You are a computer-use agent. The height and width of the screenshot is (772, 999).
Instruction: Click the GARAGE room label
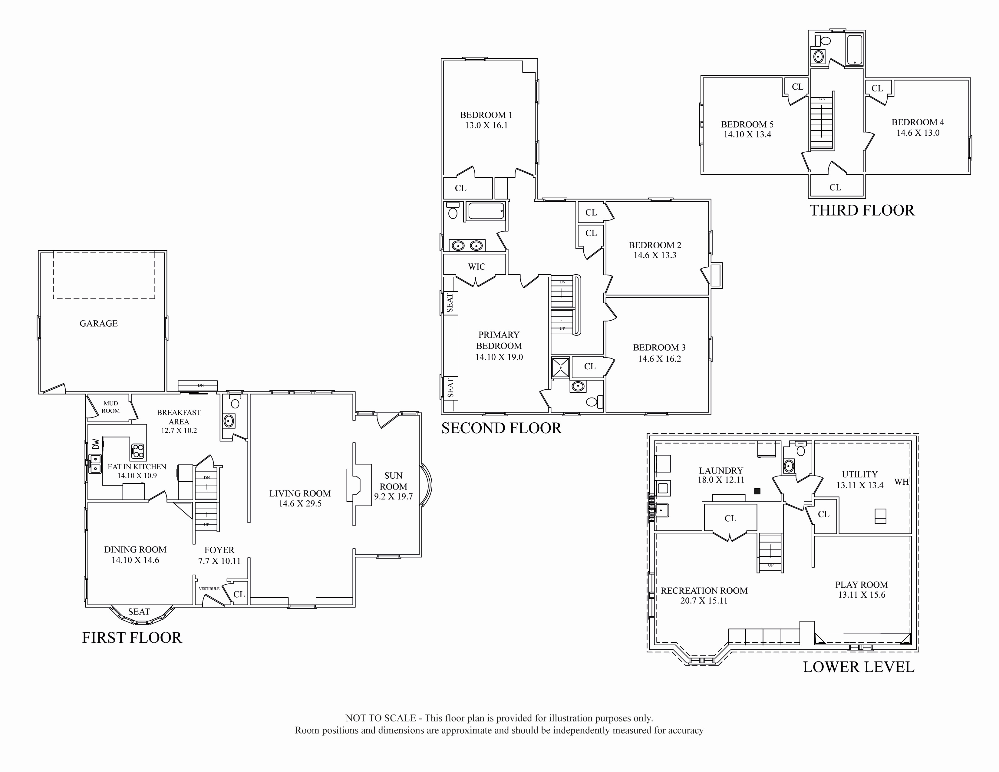pos(99,323)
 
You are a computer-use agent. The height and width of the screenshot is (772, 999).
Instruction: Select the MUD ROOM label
pos(111,407)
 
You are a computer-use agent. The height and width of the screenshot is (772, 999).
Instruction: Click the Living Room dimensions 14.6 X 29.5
pos(300,503)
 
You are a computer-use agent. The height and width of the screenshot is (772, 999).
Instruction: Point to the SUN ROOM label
pos(393,481)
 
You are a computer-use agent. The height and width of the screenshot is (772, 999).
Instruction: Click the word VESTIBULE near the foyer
pos(209,589)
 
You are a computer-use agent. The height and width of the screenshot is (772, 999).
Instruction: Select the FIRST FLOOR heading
pos(132,638)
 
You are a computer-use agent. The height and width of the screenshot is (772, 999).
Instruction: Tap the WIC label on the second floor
pos(476,267)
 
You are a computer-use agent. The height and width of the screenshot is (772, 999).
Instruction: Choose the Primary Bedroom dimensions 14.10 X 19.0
pos(499,357)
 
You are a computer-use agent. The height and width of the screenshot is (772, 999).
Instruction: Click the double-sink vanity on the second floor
pos(467,246)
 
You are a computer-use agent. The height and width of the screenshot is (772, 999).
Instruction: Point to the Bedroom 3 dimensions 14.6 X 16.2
pos(660,359)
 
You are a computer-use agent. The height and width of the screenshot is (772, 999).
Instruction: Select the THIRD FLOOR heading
pos(862,210)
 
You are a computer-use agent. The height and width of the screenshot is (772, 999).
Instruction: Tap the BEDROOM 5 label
pos(747,124)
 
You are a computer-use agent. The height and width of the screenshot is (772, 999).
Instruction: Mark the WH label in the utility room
pos(902,482)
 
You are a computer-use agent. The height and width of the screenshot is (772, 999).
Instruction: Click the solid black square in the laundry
pos(757,491)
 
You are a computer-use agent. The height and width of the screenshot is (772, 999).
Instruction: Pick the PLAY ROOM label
pos(862,585)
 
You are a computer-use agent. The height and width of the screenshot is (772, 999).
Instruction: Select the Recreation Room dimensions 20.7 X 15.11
pos(704,601)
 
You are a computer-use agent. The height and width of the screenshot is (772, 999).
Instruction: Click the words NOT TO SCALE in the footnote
pos(381,718)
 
